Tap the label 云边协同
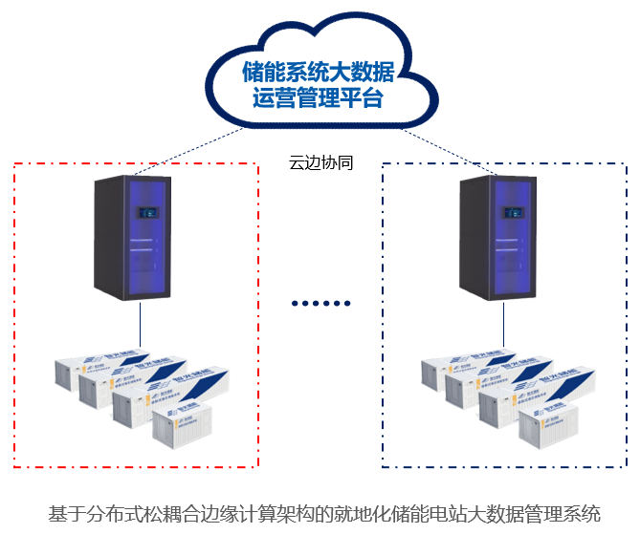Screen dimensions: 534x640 tap(320, 163)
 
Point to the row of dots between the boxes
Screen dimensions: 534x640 tap(321, 304)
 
